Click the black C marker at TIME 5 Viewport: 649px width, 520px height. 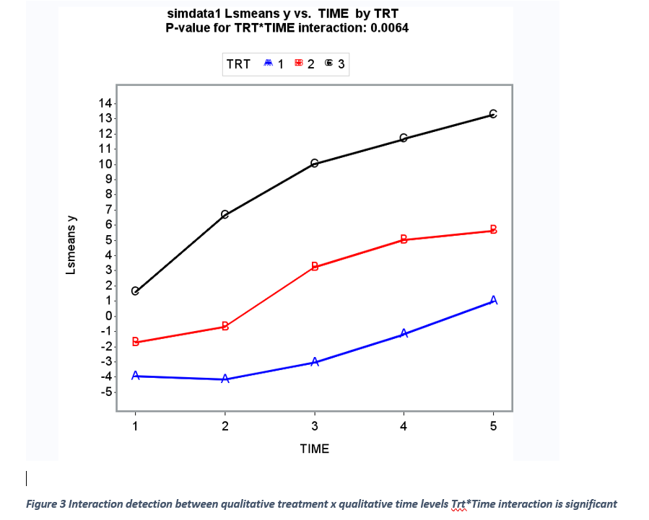coord(493,114)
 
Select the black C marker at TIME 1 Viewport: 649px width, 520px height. coord(135,291)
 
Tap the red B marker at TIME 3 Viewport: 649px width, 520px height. coord(315,267)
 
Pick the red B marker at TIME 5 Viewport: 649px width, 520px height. coord(494,230)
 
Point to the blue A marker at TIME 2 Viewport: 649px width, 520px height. coord(225,379)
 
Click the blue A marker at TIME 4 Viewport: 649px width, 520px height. coord(404,333)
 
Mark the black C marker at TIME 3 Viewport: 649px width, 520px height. coord(314,164)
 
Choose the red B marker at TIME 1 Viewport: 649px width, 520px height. coord(135,342)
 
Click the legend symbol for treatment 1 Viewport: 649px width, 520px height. coord(267,64)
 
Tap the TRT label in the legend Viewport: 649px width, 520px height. coord(238,64)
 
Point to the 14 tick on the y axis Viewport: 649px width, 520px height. coord(105,103)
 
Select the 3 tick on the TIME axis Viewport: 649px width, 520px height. coord(314,426)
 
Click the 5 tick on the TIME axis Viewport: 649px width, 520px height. coord(493,426)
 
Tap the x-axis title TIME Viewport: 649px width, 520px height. coord(314,449)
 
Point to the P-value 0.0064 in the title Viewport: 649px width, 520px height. coord(389,29)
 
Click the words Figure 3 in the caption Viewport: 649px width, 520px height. coord(46,504)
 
